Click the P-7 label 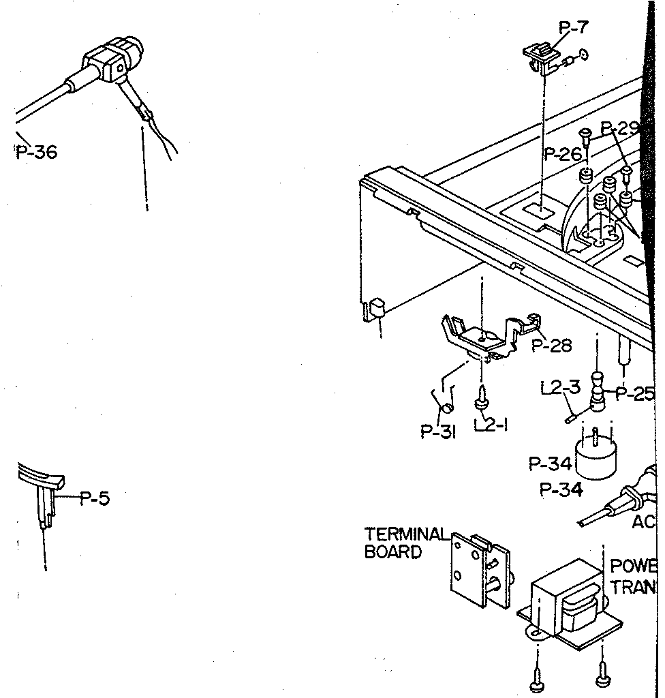click(x=574, y=28)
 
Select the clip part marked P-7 click(x=540, y=57)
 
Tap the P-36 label click(x=37, y=151)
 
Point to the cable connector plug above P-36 click(x=112, y=61)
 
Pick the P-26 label click(x=563, y=155)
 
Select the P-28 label click(x=551, y=346)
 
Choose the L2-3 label click(x=560, y=388)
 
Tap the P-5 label click(x=94, y=498)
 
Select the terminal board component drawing click(x=480, y=568)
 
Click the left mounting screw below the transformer click(x=537, y=681)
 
